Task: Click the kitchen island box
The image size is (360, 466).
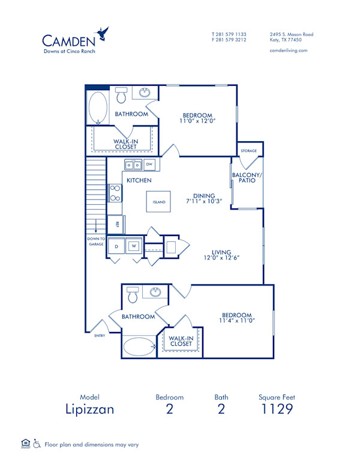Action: [x=158, y=202]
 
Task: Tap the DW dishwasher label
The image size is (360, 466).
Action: [x=149, y=164]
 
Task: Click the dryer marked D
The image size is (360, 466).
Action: [x=116, y=246]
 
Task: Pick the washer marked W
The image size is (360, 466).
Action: [x=134, y=246]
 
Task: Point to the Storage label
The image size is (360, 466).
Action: [x=248, y=151]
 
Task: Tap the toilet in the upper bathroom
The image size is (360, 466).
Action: [x=122, y=95]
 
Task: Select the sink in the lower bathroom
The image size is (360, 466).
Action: [x=155, y=292]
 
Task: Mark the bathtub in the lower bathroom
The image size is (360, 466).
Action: [x=139, y=346]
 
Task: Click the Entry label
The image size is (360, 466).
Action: [x=100, y=336]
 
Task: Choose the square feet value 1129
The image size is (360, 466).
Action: [x=277, y=410]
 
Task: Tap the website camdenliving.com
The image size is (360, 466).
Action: [x=289, y=50]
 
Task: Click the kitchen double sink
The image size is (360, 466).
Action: [x=133, y=165]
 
